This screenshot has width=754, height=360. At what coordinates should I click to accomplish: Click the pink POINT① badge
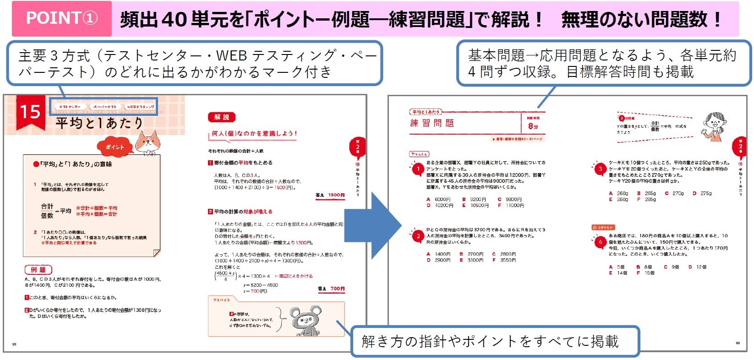coord(62,19)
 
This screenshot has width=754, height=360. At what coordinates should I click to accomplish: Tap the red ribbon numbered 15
coord(30,112)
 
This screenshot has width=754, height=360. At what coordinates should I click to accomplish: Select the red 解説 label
coord(222,117)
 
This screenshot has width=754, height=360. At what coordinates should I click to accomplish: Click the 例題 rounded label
coord(38,270)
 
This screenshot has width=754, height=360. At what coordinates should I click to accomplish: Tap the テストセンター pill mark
coord(70,107)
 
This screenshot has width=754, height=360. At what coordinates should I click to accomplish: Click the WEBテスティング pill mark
coord(140,107)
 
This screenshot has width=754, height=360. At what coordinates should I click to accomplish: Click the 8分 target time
coord(533,126)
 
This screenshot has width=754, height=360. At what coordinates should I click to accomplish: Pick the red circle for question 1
coord(418,169)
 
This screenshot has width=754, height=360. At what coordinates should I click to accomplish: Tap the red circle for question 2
coord(418,236)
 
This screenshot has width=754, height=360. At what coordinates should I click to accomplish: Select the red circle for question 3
coord(600,169)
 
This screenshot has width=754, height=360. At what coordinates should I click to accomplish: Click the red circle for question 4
coord(600,242)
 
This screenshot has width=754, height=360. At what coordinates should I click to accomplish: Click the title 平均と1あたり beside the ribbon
coord(99,124)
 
